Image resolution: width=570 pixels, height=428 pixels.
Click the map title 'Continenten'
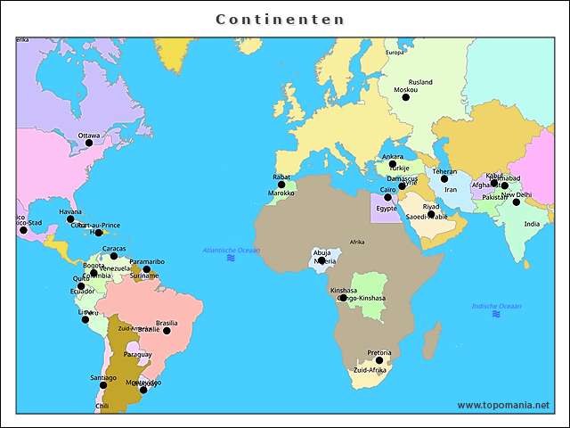(281, 19)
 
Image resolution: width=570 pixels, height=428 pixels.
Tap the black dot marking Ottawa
(89, 143)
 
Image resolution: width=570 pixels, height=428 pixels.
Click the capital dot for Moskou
(405, 97)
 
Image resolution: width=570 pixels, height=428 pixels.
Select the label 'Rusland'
(419, 82)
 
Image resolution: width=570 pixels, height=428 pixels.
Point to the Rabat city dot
(281, 185)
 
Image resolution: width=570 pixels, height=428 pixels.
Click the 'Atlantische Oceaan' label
(231, 251)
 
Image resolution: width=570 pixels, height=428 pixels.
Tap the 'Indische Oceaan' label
(497, 306)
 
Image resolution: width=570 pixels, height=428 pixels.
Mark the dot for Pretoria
(379, 360)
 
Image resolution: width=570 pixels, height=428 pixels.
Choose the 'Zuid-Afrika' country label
(370, 370)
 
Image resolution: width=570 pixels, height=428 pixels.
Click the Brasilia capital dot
(167, 331)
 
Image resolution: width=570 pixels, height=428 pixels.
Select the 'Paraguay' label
(138, 354)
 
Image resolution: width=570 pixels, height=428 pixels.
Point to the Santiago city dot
(102, 385)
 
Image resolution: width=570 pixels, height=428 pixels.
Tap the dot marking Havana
(70, 218)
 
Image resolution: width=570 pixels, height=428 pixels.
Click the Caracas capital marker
(114, 256)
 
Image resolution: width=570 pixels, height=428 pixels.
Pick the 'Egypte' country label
(386, 208)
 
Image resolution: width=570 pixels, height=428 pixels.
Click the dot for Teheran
(444, 179)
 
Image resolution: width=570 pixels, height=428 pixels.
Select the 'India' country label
(532, 224)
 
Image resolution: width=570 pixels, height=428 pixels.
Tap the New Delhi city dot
(516, 202)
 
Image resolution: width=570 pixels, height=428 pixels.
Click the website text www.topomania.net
(503, 405)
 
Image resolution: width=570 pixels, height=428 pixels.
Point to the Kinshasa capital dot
(343, 298)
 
